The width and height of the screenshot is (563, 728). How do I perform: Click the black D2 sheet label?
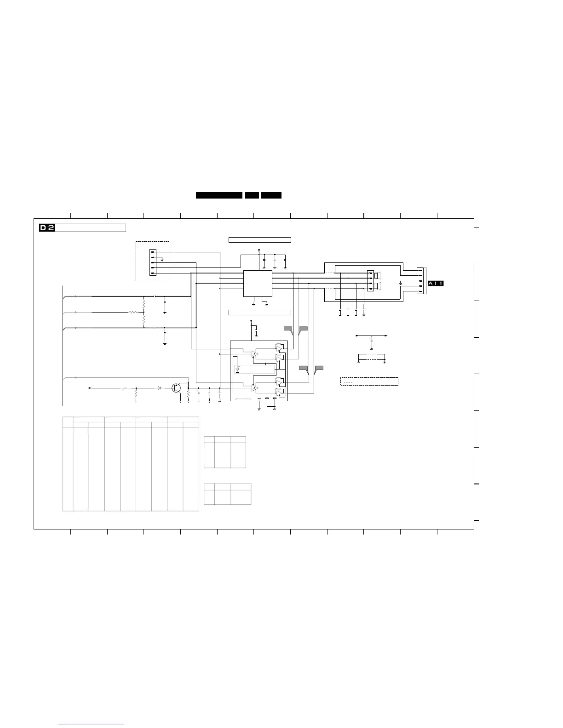pyautogui.click(x=47, y=228)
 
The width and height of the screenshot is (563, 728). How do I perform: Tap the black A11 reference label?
pyautogui.click(x=436, y=284)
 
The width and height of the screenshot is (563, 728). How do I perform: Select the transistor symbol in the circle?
pyautogui.click(x=176, y=388)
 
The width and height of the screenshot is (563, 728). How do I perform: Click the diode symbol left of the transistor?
pyautogui.click(x=159, y=388)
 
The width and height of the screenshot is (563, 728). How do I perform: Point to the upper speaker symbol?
pyautogui.click(x=377, y=275)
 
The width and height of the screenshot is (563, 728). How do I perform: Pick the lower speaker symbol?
pyautogui.click(x=377, y=286)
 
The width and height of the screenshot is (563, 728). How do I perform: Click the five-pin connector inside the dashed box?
pyautogui.click(x=153, y=262)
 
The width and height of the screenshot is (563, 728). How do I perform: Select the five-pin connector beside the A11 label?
pyautogui.click(x=420, y=281)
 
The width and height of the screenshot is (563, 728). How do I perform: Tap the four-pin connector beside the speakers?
pyautogui.click(x=371, y=281)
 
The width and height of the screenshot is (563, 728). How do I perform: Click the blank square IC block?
pyautogui.click(x=258, y=284)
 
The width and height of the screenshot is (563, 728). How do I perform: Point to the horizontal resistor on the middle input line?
pyautogui.click(x=133, y=312)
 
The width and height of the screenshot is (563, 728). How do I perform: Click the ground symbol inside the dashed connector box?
pyautogui.click(x=162, y=260)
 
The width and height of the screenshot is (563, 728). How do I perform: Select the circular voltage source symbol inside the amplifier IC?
pyautogui.click(x=237, y=369)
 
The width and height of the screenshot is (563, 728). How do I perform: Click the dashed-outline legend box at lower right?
pyautogui.click(x=369, y=381)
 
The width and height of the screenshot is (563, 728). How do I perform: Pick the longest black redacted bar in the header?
pyautogui.click(x=219, y=195)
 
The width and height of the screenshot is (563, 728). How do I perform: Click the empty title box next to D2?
pyautogui.click(x=91, y=228)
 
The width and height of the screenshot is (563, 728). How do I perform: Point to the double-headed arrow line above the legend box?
pyautogui.click(x=372, y=336)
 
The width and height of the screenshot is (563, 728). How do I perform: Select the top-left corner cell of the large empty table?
pyautogui.click(x=68, y=422)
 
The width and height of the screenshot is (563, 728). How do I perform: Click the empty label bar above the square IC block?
pyautogui.click(x=260, y=240)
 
